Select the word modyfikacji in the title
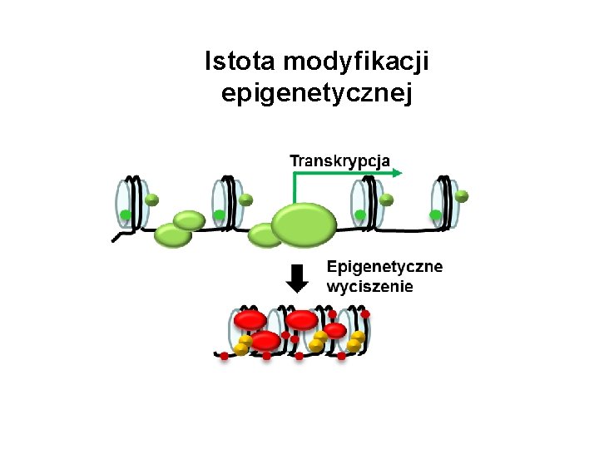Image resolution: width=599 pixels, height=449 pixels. point(362,62)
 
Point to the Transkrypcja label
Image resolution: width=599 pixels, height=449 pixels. point(339,160)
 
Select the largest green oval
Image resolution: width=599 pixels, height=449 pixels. point(304,224)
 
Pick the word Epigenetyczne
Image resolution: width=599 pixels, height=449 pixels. point(384,267)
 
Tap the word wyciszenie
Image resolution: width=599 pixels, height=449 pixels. point(369,287)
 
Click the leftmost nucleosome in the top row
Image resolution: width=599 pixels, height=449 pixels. point(132,203)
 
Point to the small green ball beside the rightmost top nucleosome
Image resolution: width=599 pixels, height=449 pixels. point(462,197)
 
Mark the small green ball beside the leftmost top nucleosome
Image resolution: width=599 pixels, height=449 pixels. point(152,200)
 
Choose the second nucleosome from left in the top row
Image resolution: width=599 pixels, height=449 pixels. point(226,203)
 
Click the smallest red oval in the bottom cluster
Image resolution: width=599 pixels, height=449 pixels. point(335,331)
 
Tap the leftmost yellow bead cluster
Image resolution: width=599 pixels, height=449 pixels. point(243,344)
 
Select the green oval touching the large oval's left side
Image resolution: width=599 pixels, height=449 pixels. point(266,235)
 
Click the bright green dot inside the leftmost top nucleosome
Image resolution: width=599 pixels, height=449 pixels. point(126,215)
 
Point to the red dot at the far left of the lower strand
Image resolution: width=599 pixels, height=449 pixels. point(224,356)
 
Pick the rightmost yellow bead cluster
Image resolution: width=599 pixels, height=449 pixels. point(356,341)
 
